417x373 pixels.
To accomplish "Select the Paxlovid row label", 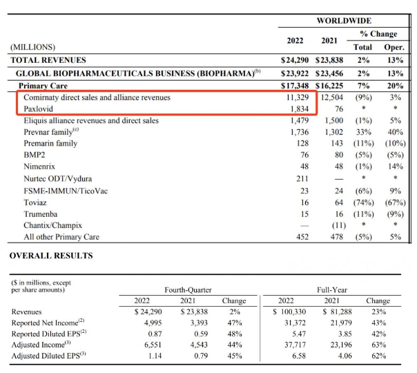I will tap(39, 109).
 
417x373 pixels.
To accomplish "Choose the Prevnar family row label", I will tap(50, 131).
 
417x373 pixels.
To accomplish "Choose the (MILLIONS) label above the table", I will tap(32, 47).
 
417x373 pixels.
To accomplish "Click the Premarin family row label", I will tap(50, 143).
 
